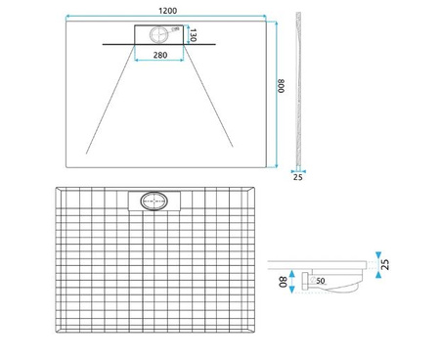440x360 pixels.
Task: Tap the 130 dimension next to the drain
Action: click(194, 35)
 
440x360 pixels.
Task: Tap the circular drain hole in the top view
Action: click(156, 34)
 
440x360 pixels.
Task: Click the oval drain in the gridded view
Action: click(155, 202)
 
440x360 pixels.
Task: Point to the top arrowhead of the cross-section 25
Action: click(375, 256)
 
